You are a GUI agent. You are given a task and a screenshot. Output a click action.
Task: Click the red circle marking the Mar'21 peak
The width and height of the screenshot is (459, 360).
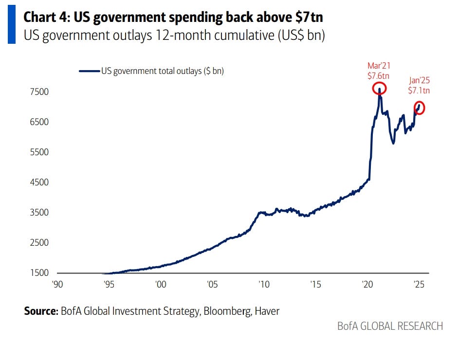click(379, 89)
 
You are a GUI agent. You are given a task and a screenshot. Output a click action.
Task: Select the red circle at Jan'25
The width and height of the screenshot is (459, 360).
click(419, 108)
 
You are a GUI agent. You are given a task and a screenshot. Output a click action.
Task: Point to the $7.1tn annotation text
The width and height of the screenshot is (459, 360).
click(419, 90)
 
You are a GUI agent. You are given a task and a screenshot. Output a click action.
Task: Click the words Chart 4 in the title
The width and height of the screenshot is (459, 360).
click(45, 18)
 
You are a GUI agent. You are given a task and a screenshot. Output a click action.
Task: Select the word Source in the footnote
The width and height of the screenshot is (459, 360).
click(40, 311)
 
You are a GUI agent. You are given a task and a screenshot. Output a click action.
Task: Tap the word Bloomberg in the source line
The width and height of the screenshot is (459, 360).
click(224, 311)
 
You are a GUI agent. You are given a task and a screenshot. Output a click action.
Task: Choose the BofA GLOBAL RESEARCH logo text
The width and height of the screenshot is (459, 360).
click(390, 326)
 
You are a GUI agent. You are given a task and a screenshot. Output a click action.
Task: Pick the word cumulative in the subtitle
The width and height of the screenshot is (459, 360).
click(230, 36)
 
